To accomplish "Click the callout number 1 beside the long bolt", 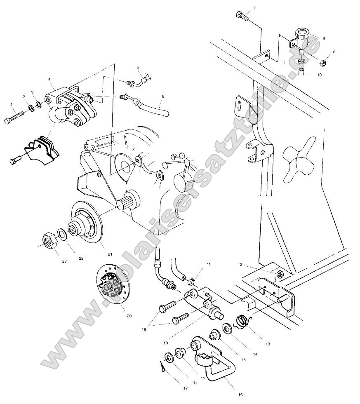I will pos(12,105).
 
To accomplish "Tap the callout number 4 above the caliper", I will pos(49,79).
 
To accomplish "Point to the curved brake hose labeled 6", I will pos(153,106).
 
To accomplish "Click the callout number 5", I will pos(138,67).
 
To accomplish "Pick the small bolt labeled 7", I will pos(242,17).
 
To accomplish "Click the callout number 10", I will pos(319,75).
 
